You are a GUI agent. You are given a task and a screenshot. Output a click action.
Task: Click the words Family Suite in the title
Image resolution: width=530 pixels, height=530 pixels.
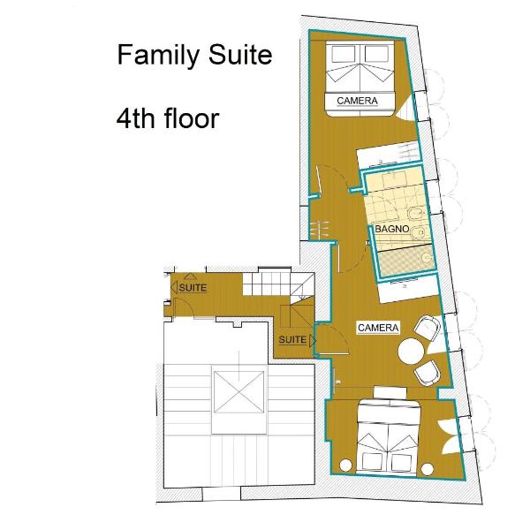[x=194, y=56]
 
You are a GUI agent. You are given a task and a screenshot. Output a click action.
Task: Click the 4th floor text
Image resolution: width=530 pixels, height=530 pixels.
[x=168, y=118]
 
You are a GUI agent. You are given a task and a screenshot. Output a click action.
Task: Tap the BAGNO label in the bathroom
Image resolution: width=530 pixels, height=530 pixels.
[x=391, y=229]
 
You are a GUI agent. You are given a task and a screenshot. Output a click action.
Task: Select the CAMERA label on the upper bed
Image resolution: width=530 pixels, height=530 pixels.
[x=357, y=101]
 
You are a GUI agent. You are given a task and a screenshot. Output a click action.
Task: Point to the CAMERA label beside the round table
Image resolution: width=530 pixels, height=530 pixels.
[x=378, y=328]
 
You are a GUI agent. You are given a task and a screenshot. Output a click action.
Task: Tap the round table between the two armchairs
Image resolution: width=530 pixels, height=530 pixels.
[x=411, y=352]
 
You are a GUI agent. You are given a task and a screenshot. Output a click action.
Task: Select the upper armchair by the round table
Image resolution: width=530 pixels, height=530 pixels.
[x=428, y=328]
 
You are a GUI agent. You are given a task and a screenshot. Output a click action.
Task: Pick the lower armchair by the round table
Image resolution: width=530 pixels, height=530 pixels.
[x=428, y=373]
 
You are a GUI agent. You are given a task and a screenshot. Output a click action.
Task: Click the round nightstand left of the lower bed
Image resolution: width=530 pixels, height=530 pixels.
[x=345, y=466]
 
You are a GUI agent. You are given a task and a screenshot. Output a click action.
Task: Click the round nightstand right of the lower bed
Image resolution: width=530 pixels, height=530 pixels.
[x=428, y=469]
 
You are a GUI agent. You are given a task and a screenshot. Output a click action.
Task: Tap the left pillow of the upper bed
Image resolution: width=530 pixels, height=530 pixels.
[x=344, y=54]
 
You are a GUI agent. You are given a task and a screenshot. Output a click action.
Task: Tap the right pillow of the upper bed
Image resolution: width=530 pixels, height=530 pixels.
[x=376, y=54]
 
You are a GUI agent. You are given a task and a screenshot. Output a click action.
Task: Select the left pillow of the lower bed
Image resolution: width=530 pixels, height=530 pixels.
[x=372, y=461]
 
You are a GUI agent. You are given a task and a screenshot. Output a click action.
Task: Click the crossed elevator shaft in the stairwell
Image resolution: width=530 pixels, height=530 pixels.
[x=238, y=391]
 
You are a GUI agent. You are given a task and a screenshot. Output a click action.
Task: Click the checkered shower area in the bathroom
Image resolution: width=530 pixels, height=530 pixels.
[x=405, y=262]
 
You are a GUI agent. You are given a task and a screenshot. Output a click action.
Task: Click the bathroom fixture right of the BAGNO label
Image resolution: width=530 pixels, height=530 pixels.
[x=419, y=231]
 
